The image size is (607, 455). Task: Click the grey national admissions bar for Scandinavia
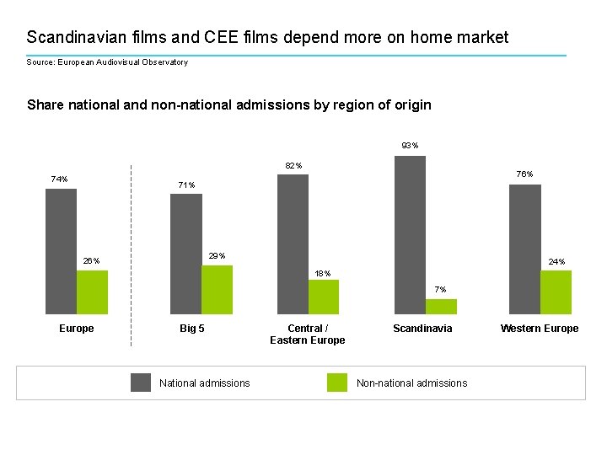(x=410, y=234)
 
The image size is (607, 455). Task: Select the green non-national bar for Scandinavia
(x=441, y=307)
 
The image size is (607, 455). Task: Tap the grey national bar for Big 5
(x=185, y=254)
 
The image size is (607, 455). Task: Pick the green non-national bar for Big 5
(x=217, y=289)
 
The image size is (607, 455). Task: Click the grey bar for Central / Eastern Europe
(x=293, y=244)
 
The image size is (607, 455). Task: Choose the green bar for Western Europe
(x=556, y=292)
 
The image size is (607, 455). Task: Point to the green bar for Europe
(x=92, y=292)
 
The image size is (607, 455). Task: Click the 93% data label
(x=411, y=146)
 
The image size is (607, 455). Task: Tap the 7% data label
(x=440, y=290)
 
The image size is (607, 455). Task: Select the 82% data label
(x=293, y=165)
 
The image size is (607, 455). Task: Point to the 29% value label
(x=217, y=255)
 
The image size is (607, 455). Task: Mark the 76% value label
(x=524, y=174)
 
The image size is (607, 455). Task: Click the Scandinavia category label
(x=422, y=329)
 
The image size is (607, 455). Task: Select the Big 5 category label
(x=192, y=329)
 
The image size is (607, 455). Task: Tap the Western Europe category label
(x=540, y=329)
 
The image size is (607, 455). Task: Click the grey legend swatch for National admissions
(x=141, y=383)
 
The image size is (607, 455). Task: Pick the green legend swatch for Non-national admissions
(x=337, y=383)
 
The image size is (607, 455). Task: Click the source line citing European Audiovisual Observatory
(x=107, y=62)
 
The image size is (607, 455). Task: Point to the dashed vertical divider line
(x=132, y=253)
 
